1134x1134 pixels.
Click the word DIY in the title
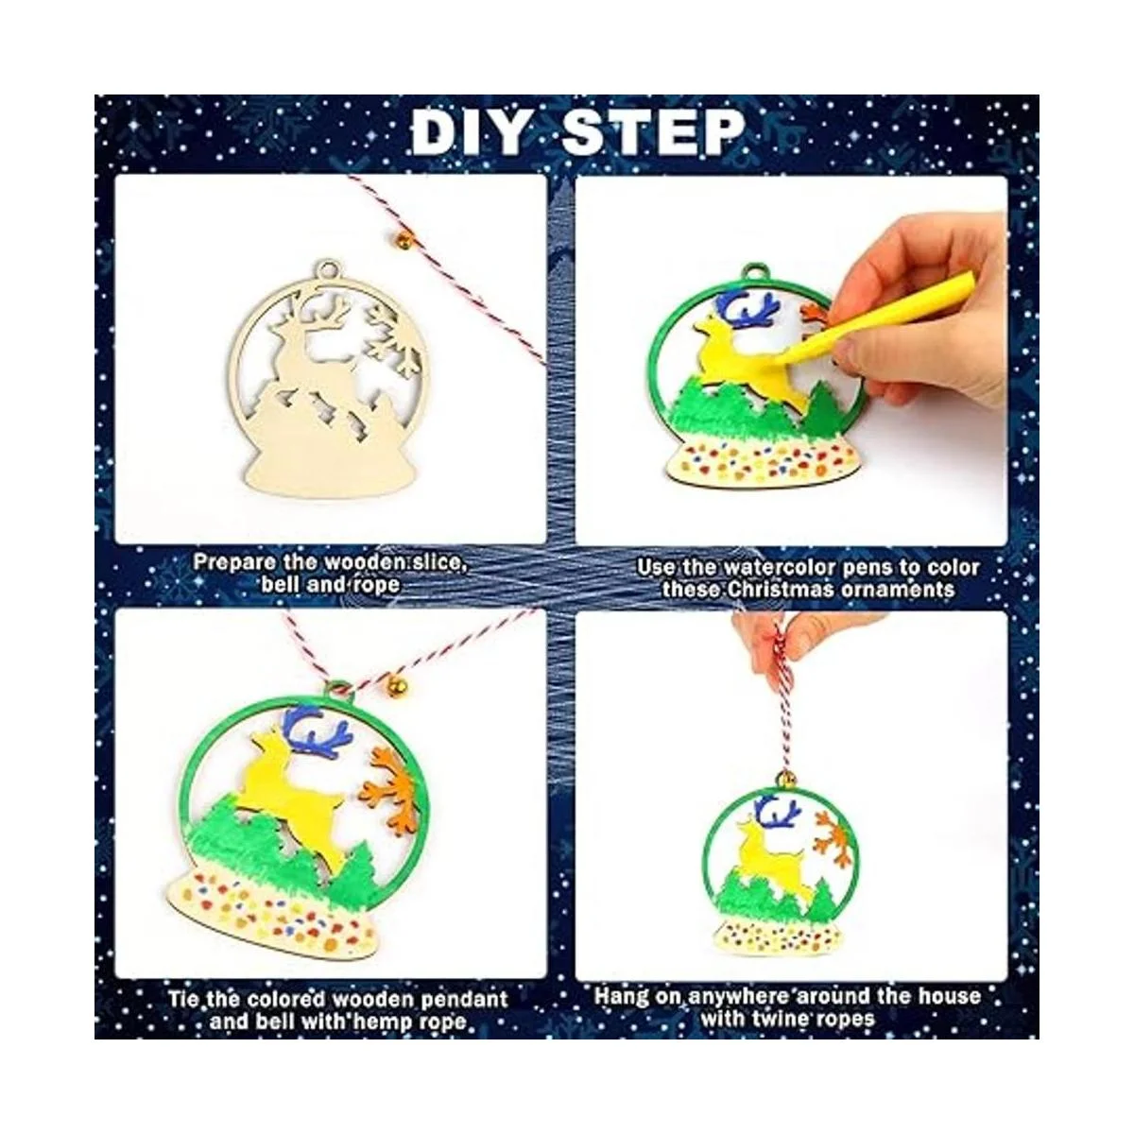(x=468, y=132)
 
